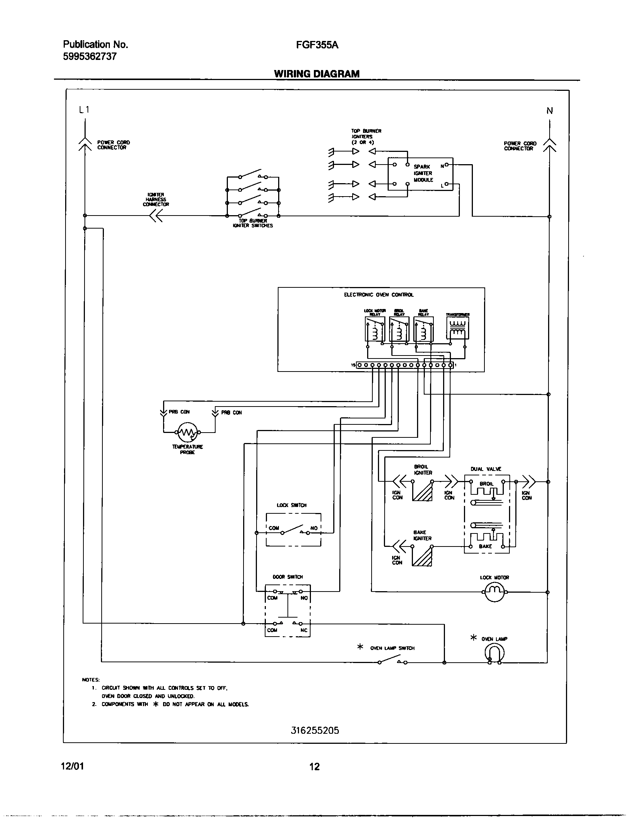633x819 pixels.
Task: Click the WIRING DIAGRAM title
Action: tap(316, 74)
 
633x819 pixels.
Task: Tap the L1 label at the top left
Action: tap(84, 110)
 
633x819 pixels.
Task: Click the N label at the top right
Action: tap(549, 111)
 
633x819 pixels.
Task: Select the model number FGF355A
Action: tap(317, 45)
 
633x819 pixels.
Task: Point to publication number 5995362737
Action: tap(90, 57)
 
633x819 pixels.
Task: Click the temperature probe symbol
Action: tap(187, 432)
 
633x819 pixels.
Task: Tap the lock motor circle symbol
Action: tap(494, 592)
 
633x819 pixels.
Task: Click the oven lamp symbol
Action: tap(494, 654)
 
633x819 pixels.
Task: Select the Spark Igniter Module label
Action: tap(423, 173)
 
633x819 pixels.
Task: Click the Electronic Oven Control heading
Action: tap(379, 295)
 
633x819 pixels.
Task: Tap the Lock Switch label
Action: tap(292, 505)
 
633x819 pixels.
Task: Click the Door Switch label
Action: tap(287, 577)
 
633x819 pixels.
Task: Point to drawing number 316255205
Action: tap(315, 730)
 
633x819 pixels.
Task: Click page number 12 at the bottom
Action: tap(314, 767)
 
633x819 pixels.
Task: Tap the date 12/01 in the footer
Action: tap(72, 766)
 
